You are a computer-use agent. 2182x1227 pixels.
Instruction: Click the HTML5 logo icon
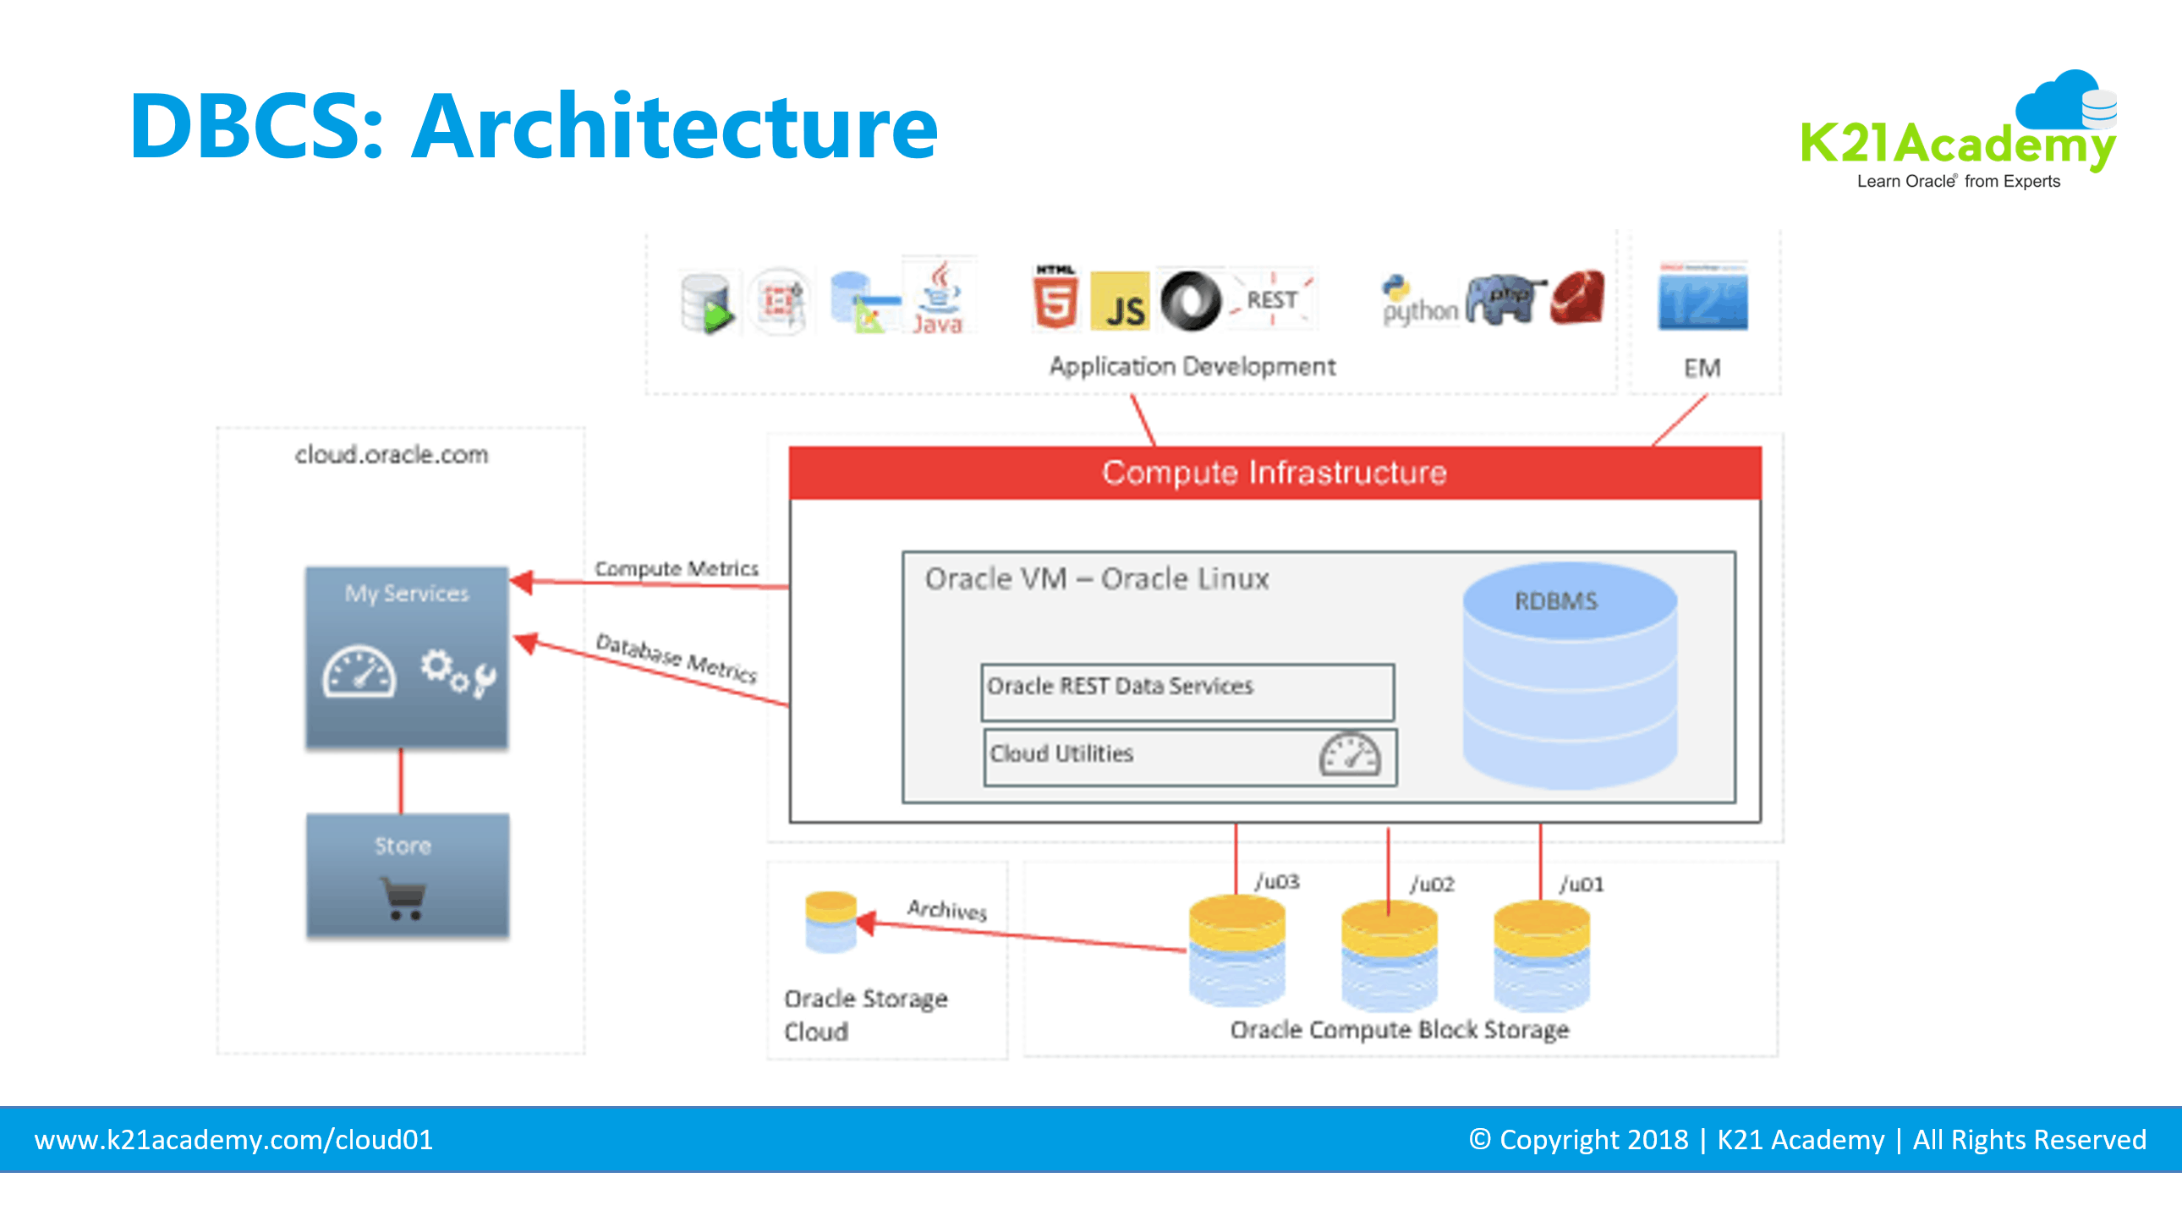[1055, 298]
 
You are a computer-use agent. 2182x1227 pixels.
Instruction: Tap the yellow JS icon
[1120, 301]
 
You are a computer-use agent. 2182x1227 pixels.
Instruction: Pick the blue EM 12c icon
[1702, 298]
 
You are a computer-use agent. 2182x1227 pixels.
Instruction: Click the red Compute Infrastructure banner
[1274, 473]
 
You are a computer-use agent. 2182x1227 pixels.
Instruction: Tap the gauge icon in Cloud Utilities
[1350, 753]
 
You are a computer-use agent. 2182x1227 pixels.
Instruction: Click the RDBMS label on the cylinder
[1555, 601]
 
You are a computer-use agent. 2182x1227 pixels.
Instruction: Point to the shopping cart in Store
[404, 897]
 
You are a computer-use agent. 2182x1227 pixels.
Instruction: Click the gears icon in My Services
[458, 672]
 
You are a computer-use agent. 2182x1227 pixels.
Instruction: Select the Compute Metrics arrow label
[676, 568]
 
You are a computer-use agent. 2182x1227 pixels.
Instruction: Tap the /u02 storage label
[1432, 885]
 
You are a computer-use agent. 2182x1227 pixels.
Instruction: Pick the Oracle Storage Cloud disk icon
[831, 923]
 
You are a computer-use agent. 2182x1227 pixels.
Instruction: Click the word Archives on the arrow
[947, 910]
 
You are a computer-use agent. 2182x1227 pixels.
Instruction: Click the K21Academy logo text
[1957, 144]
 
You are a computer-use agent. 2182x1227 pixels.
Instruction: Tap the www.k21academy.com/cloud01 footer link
[233, 1140]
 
